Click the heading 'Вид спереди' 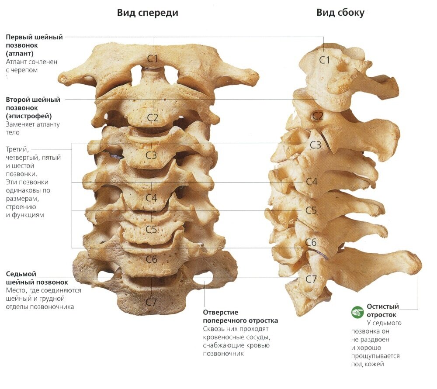[x=147, y=13]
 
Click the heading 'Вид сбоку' [x=340, y=13]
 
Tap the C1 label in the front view [x=153, y=59]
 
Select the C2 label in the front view [x=153, y=117]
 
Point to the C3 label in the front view [x=151, y=155]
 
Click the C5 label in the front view [x=151, y=230]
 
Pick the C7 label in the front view [x=151, y=302]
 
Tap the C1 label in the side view [x=324, y=60]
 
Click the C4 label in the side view [x=312, y=182]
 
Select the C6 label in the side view [x=311, y=242]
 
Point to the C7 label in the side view [x=311, y=279]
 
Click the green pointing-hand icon [x=357, y=312]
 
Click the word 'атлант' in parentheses [x=20, y=53]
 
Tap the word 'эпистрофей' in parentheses [x=29, y=116]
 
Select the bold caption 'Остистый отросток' [x=382, y=310]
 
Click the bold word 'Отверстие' [x=220, y=313]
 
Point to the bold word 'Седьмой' [x=21, y=274]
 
